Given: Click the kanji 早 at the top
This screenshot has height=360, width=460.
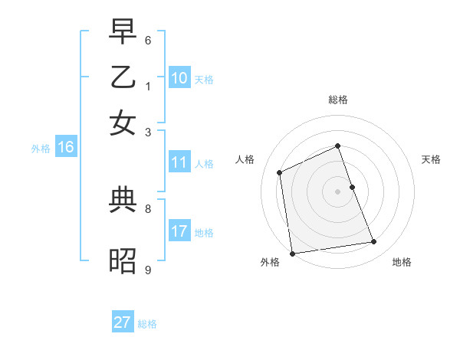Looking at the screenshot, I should [x=123, y=34].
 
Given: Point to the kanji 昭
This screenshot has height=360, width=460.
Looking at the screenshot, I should [x=123, y=261].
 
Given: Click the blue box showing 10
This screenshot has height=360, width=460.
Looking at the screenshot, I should [x=179, y=77].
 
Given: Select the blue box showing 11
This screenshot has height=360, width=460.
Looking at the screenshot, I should [x=179, y=162].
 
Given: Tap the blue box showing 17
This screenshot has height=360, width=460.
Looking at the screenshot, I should [x=179, y=231].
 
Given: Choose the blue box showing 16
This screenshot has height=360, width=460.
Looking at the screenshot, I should [x=66, y=147].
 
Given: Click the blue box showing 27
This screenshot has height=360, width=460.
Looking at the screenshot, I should [x=123, y=322].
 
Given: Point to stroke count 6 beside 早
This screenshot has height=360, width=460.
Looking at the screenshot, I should [x=148, y=40].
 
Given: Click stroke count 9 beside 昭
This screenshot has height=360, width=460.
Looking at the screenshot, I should [x=148, y=270].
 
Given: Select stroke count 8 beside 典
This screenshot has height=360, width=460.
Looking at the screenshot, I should [x=148, y=208].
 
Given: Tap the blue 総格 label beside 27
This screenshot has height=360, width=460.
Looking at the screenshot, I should [x=147, y=324].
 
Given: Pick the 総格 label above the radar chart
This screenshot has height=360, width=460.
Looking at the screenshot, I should [x=338, y=100].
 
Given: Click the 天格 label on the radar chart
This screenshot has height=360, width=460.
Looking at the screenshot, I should [x=431, y=159].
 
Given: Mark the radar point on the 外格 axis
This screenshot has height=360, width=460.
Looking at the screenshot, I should [x=292, y=253].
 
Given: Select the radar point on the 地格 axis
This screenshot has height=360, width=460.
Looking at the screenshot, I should [x=374, y=242].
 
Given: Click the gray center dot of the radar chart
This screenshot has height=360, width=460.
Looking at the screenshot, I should [x=338, y=191].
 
